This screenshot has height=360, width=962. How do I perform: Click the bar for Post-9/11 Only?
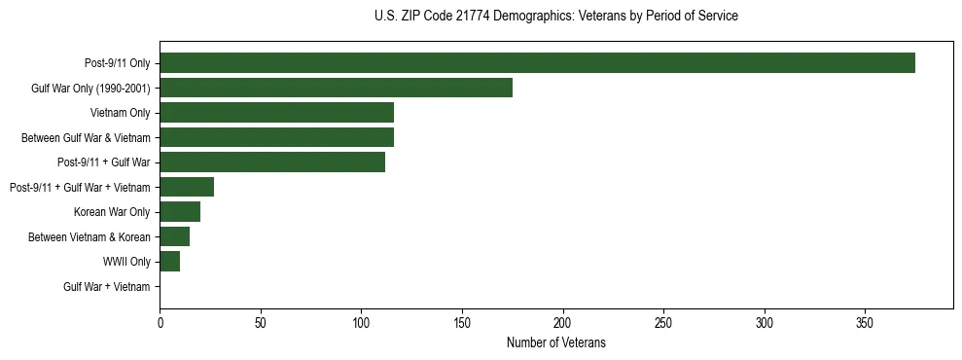tap(537, 63)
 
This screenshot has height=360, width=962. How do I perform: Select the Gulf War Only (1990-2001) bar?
tap(336, 88)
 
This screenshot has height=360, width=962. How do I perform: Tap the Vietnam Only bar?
tap(276, 113)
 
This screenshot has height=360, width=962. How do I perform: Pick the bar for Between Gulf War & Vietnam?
tap(276, 137)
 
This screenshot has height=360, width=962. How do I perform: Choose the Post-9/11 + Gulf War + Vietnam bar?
tap(187, 187)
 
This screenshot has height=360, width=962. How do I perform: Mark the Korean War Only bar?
tap(180, 212)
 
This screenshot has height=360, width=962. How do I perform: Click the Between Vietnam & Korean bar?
tap(175, 236)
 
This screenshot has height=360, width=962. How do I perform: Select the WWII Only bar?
tap(170, 262)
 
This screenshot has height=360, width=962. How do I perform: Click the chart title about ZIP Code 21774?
tap(555, 17)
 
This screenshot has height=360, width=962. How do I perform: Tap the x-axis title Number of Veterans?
tap(555, 342)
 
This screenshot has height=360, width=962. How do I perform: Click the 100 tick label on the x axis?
tap(361, 322)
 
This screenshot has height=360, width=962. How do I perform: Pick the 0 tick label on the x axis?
tap(160, 322)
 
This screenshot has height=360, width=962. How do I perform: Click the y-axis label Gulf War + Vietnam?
tap(107, 287)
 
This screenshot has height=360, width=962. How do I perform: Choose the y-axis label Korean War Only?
tap(112, 212)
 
